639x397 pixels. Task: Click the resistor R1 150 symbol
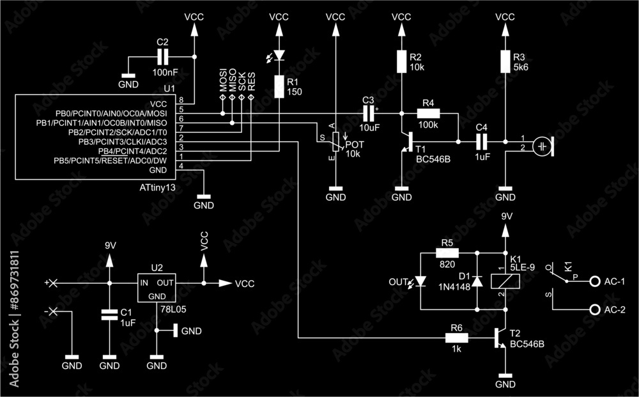point(279,86)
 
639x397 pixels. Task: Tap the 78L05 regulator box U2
point(157,288)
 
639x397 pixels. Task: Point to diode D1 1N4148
point(477,281)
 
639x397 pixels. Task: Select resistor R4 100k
point(428,113)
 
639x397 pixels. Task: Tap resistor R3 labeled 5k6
point(505,61)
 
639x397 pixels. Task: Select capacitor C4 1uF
point(482,141)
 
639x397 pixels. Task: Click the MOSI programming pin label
point(223,82)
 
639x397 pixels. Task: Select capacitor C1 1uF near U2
point(110,314)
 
